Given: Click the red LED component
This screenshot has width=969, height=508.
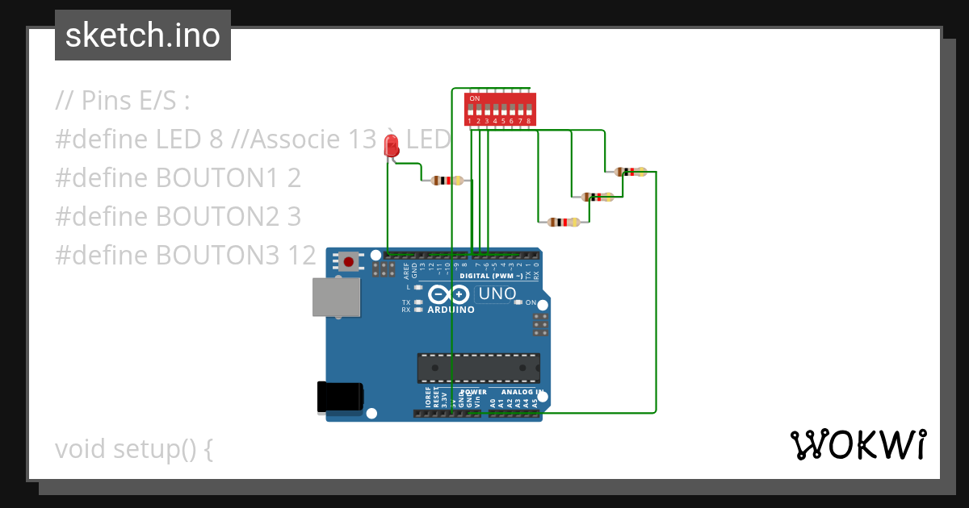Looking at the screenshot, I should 392,146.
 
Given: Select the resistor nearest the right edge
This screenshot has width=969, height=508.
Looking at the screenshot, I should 631,172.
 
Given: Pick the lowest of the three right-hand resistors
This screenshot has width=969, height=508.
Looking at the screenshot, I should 563,222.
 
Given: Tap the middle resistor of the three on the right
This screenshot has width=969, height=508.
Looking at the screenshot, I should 597,197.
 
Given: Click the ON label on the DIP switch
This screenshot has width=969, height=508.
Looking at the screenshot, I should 474,98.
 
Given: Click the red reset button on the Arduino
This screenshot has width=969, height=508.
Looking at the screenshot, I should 349,261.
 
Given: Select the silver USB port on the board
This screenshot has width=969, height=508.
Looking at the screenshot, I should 337,297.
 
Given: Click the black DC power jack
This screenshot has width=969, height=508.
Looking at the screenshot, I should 340,397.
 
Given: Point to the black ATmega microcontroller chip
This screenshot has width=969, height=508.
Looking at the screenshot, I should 479,368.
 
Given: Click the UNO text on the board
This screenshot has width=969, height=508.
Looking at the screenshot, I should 497,294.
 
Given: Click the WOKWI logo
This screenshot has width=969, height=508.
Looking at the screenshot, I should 858,444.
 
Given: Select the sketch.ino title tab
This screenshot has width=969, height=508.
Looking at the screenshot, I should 143,35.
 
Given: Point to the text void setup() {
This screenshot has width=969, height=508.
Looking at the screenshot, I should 134,448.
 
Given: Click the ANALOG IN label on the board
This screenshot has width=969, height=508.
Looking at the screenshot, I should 517,392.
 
